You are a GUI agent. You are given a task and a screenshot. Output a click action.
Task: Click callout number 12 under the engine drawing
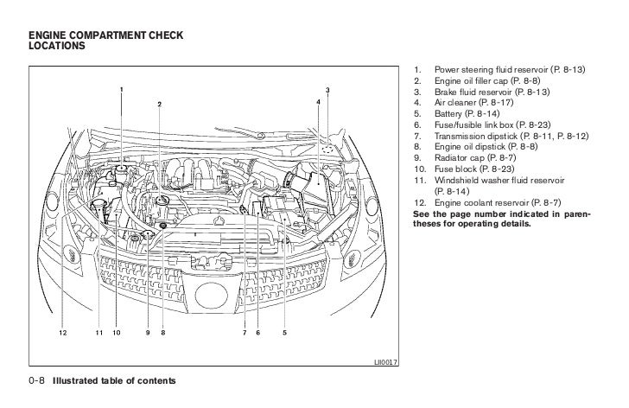[62, 332]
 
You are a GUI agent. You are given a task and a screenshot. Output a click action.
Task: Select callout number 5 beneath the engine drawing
[284, 332]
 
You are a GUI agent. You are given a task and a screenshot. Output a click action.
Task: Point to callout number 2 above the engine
[160, 105]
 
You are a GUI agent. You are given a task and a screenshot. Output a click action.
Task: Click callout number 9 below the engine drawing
[148, 332]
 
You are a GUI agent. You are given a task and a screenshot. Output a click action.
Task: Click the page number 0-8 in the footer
[39, 380]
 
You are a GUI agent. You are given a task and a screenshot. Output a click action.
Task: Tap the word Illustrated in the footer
[79, 380]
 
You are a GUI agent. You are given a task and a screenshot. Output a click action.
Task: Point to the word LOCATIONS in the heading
[57, 47]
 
